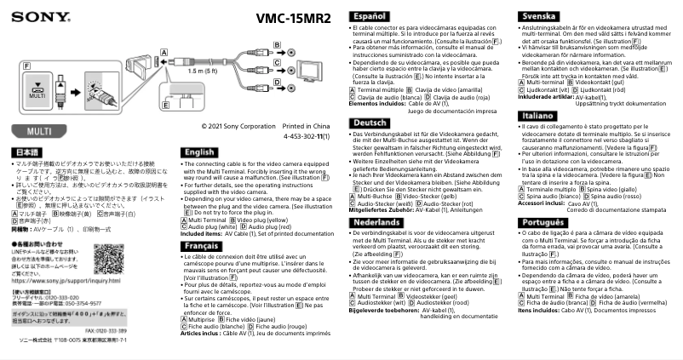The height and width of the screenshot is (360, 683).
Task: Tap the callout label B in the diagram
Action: coord(278,43)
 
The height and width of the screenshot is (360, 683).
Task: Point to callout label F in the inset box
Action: coord(27,64)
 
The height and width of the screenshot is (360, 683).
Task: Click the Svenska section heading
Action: coord(541,16)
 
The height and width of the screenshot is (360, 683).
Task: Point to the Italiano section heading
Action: coord(539,114)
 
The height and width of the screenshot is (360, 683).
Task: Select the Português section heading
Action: coord(544,221)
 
